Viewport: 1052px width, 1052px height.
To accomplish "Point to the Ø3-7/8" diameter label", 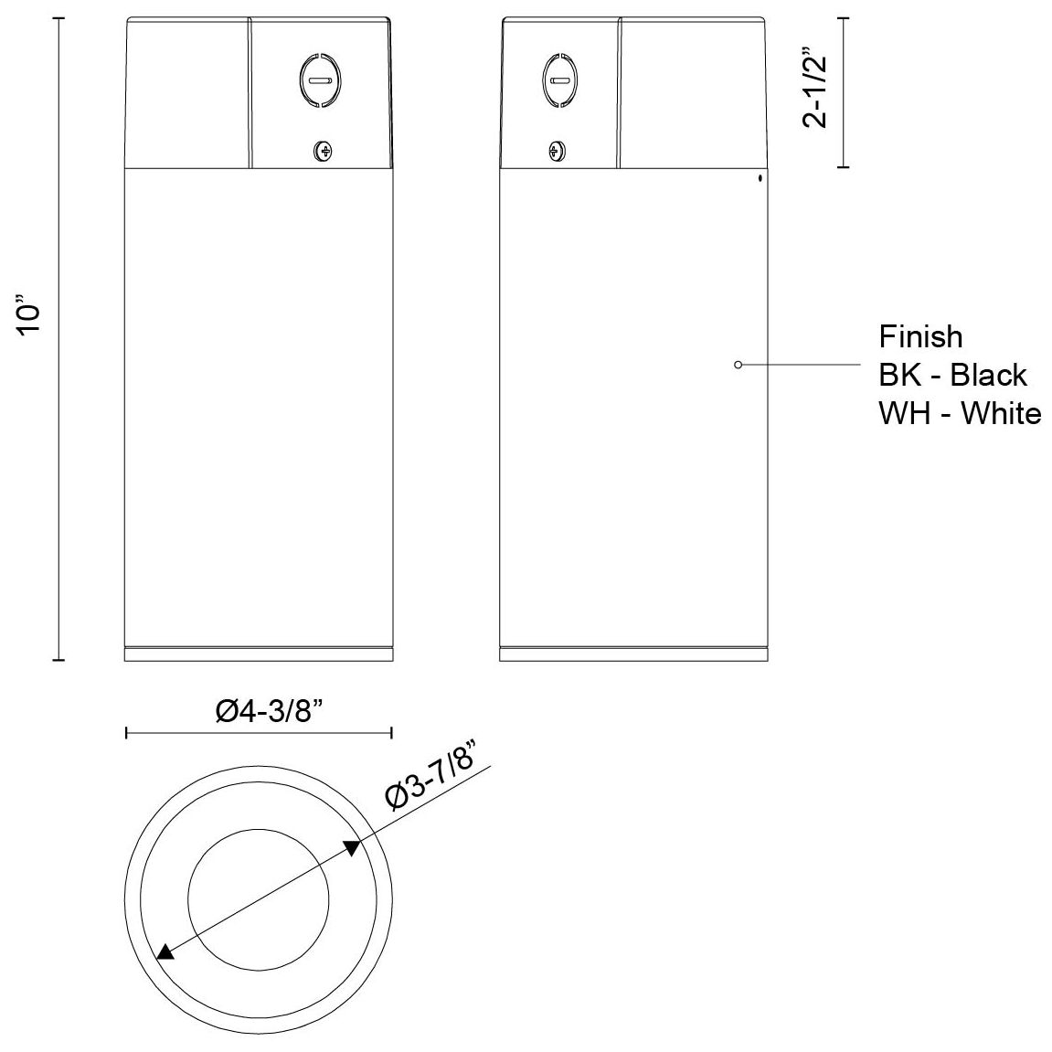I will coord(434,771).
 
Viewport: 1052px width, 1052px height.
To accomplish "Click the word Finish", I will coord(920,336).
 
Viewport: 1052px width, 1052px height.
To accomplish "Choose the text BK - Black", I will coord(952,375).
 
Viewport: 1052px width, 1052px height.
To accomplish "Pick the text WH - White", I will coord(960,413).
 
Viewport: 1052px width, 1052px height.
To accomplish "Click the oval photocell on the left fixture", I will coord(319,81).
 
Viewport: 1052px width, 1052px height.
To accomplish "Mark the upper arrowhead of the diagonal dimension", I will coord(352,847).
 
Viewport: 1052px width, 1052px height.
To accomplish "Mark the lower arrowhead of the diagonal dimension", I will coord(165,952).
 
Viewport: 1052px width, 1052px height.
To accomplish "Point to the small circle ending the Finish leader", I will coord(738,365).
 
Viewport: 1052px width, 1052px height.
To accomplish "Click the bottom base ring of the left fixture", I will coord(259,654).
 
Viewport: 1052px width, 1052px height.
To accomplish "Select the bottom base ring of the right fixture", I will coord(633,654).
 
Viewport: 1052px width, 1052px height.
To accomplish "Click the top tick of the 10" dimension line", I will coord(60,17).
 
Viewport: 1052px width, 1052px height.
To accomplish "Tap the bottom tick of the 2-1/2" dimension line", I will coord(843,167).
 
